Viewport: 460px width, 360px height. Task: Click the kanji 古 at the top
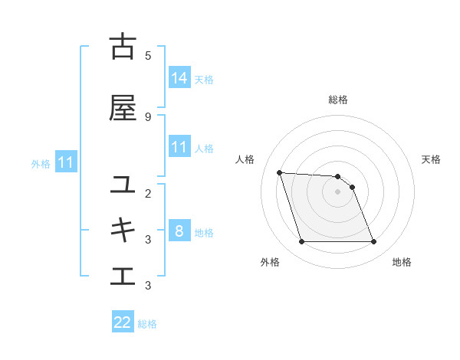(x=123, y=47)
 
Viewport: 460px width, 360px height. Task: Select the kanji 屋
(x=123, y=108)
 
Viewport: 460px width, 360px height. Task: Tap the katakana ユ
(x=123, y=185)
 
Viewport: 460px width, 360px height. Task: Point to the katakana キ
(x=123, y=230)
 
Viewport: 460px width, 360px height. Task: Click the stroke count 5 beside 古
(x=148, y=55)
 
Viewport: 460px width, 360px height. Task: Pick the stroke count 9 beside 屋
(x=148, y=116)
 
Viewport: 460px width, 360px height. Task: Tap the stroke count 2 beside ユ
(x=148, y=193)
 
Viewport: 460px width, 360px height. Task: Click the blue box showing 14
(x=179, y=78)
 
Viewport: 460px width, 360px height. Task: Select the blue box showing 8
(x=179, y=231)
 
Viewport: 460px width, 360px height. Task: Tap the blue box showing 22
(x=123, y=322)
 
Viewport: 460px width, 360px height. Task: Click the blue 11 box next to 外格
(x=66, y=162)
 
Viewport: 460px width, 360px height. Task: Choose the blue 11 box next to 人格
(x=179, y=147)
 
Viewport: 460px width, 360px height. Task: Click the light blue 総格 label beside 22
(x=147, y=324)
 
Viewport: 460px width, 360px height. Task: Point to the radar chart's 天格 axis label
(x=431, y=159)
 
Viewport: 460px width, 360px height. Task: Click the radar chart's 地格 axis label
(x=402, y=262)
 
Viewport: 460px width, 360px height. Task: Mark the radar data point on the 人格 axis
(x=280, y=172)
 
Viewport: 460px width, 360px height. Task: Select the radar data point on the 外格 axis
(x=301, y=242)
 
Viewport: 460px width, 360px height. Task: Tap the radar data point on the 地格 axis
(x=373, y=242)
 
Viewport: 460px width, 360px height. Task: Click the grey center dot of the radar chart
(x=337, y=192)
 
